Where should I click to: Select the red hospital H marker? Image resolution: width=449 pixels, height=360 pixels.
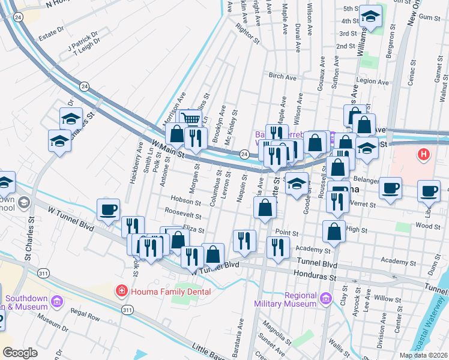click(424, 155)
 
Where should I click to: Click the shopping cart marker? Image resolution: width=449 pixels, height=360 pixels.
click(191, 119)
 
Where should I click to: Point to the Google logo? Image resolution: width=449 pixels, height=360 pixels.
click(20, 353)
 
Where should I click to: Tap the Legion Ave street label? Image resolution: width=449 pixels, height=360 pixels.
click(373, 80)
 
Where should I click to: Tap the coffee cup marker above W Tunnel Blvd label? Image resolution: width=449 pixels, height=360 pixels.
click(109, 209)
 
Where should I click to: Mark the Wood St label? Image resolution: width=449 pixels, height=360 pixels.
click(427, 226)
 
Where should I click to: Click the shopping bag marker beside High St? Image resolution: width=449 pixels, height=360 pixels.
click(334, 231)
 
